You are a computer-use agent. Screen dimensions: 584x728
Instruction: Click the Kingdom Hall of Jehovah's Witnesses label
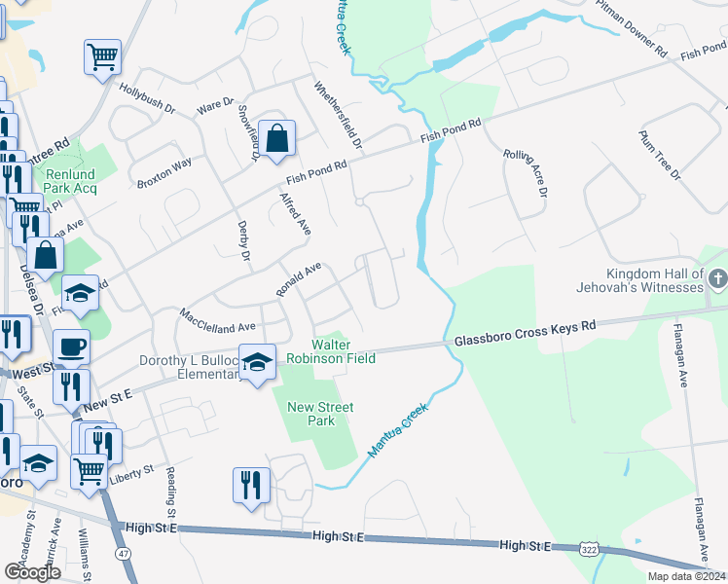point(653,280)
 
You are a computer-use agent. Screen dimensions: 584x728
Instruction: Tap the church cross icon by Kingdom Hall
point(716,279)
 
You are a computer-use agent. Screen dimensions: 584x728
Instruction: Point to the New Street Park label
point(319,414)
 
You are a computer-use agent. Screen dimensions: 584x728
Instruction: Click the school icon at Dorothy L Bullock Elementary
point(256,362)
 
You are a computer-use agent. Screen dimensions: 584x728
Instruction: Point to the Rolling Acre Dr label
point(526,170)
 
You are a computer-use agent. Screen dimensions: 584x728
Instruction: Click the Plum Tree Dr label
point(658,154)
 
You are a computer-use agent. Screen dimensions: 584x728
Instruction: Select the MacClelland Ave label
point(216,320)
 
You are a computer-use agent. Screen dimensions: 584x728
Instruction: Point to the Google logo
point(32,572)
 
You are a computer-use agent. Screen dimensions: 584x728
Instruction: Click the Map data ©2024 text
point(685,576)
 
